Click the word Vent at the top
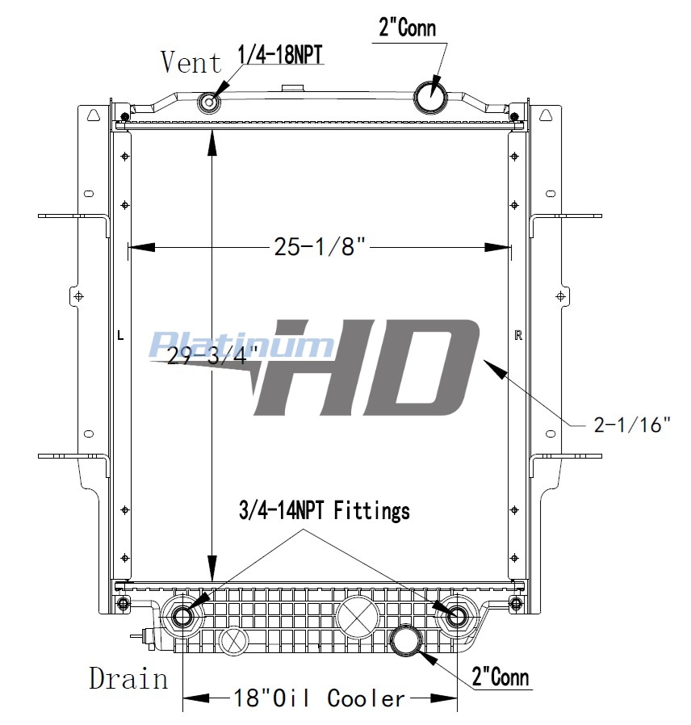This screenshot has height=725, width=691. coord(191,62)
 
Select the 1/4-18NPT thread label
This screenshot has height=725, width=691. coord(280,55)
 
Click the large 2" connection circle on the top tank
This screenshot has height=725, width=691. coord(429,94)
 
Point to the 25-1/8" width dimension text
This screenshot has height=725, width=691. coord(320,246)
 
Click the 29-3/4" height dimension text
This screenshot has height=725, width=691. coord(212,355)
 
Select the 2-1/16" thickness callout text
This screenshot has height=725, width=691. coord(632,425)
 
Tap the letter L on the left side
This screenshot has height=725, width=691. coord(120,335)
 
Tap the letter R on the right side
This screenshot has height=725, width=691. coord(518,335)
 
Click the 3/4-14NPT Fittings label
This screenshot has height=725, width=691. coord(325,511)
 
